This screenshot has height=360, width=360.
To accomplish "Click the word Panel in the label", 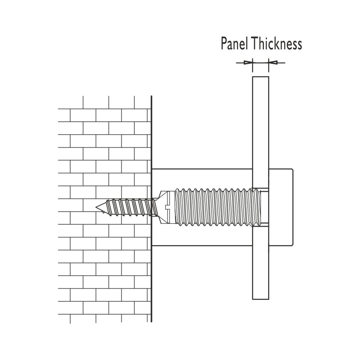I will click(235, 44).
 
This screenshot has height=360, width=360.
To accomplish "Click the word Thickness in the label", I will click(277, 44).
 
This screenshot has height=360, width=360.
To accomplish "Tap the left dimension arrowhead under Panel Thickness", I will click(248, 63).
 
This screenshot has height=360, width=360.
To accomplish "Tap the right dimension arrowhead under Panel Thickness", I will click(273, 63).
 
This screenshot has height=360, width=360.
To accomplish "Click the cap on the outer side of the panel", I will click(281, 207).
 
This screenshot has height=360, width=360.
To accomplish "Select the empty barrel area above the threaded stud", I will click(202, 179).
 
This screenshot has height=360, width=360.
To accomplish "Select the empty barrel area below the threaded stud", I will click(202, 236).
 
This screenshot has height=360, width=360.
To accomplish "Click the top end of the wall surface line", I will click(152, 96).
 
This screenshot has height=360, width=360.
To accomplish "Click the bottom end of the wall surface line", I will click(152, 321).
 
